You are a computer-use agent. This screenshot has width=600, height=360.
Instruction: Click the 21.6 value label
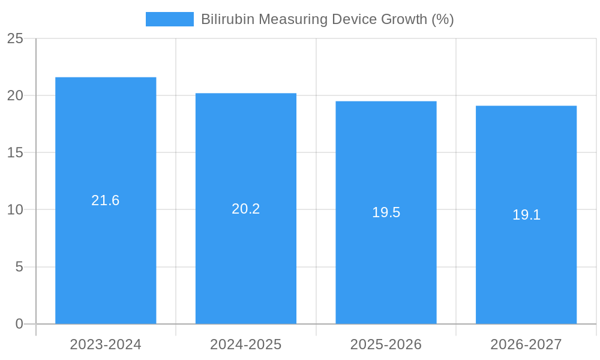click(106, 200)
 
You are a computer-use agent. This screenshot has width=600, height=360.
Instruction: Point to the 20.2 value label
click(246, 209)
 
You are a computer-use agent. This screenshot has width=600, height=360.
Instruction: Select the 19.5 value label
click(386, 212)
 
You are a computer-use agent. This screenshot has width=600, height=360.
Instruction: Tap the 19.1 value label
click(526, 215)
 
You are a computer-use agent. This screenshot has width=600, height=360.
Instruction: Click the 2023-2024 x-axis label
click(106, 344)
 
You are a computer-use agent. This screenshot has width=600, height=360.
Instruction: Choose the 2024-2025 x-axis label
click(246, 344)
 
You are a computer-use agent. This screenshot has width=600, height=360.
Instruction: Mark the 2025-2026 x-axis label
click(386, 344)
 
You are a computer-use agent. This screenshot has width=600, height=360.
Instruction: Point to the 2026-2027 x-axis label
click(526, 344)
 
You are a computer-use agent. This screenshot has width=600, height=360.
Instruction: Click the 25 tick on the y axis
click(15, 38)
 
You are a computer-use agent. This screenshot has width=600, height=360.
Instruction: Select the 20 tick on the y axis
click(15, 95)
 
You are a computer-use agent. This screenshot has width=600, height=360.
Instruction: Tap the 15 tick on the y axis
click(15, 152)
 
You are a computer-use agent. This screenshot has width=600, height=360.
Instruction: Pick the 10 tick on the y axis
click(15, 209)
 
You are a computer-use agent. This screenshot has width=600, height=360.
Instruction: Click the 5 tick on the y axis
click(19, 266)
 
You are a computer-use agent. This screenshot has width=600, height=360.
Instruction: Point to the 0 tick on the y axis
click(19, 324)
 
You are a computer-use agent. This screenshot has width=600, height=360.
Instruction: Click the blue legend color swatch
click(170, 19)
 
